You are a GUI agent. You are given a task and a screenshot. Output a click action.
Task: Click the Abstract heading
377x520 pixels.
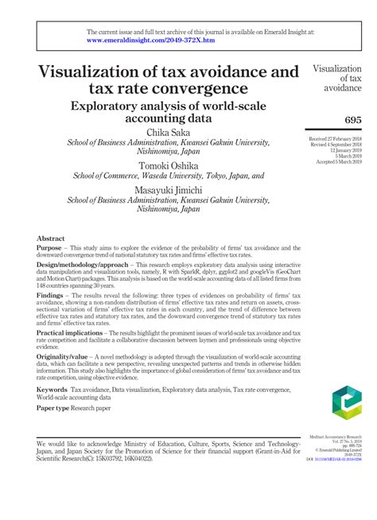(x=51, y=239)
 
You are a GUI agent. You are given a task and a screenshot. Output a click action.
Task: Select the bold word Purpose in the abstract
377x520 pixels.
(x=52, y=249)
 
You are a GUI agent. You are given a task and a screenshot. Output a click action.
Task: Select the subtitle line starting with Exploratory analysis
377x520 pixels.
(x=169, y=107)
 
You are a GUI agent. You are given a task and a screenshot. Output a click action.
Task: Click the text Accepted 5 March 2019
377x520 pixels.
(x=336, y=161)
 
